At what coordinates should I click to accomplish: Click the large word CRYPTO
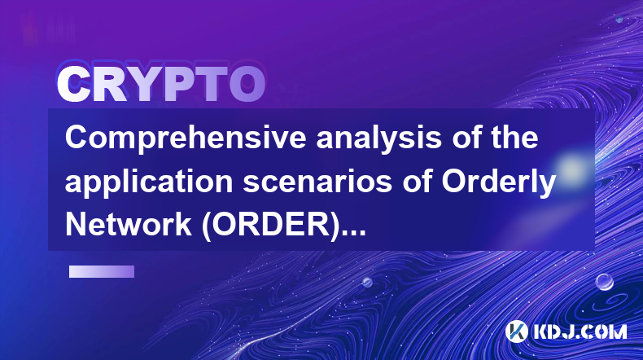click(x=161, y=85)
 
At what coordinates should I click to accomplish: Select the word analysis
click(x=378, y=139)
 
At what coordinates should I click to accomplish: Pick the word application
click(x=149, y=182)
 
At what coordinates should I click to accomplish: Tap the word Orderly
click(x=498, y=183)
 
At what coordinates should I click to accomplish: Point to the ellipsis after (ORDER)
click(x=355, y=233)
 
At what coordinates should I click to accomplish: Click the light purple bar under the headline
click(x=102, y=271)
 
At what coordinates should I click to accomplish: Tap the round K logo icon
click(x=516, y=331)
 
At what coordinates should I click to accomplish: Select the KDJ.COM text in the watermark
click(x=580, y=331)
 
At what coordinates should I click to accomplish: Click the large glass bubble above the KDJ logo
click(x=604, y=282)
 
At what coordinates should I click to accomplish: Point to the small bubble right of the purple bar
click(x=367, y=282)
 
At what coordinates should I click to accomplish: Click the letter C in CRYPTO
click(x=74, y=85)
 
